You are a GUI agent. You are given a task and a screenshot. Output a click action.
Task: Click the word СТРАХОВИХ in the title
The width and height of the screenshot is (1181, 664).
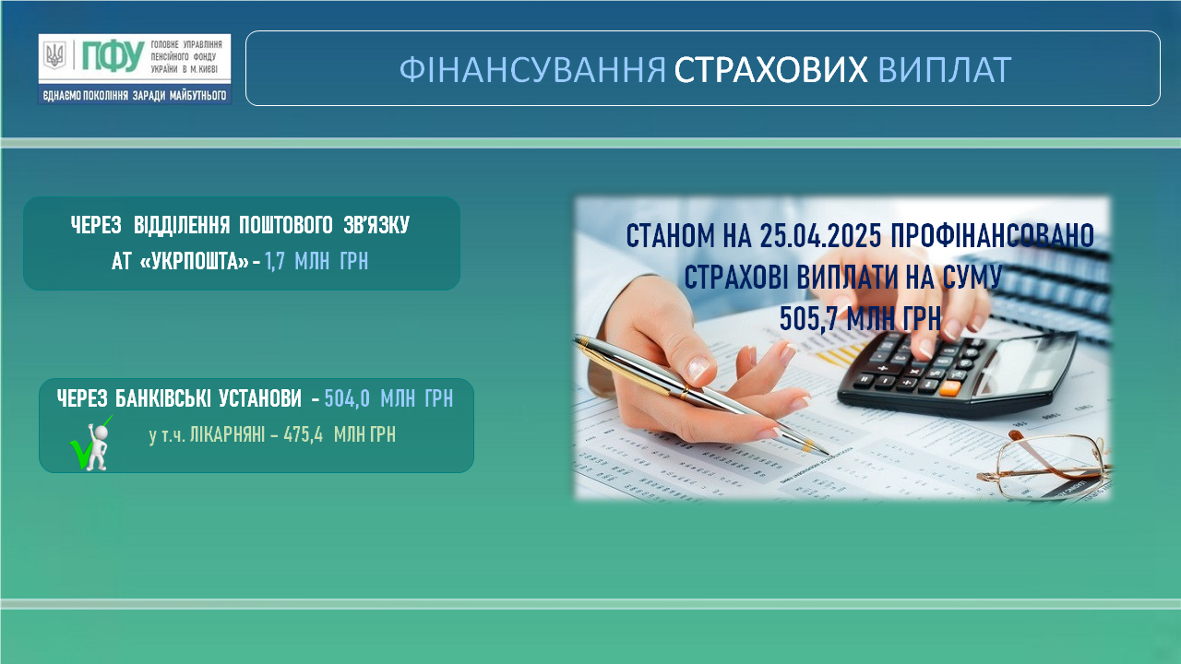click(x=770, y=69)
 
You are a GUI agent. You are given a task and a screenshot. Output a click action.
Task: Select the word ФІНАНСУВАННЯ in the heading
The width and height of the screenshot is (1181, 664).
click(x=532, y=69)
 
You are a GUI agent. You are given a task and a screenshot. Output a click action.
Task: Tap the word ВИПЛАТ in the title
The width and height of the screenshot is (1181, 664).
click(x=945, y=69)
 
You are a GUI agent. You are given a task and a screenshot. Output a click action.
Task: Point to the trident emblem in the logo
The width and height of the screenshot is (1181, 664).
click(x=54, y=54)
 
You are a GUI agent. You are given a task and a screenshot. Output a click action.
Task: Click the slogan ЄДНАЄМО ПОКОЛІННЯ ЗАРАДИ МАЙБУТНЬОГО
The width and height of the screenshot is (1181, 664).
click(x=135, y=95)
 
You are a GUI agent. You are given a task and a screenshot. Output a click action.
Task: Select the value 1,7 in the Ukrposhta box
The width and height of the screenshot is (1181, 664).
click(x=274, y=261)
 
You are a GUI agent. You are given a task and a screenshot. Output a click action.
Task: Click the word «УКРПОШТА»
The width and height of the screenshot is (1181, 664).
click(x=195, y=261)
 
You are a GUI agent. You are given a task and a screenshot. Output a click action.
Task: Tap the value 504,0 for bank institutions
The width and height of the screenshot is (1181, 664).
click(x=346, y=398)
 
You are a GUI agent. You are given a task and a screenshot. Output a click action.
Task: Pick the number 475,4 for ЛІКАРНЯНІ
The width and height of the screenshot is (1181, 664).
click(x=304, y=435)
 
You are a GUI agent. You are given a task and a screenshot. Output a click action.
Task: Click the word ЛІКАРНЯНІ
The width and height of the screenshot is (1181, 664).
click(x=227, y=435)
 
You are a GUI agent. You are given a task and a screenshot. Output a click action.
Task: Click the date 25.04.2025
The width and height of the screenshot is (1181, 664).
click(x=821, y=235)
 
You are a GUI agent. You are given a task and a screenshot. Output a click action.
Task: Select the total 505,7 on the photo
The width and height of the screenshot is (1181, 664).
click(x=809, y=318)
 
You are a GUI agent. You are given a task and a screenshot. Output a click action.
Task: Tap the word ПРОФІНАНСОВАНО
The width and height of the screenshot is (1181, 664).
click(x=992, y=235)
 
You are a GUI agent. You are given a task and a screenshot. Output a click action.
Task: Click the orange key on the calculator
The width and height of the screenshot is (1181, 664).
click(x=949, y=388)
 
